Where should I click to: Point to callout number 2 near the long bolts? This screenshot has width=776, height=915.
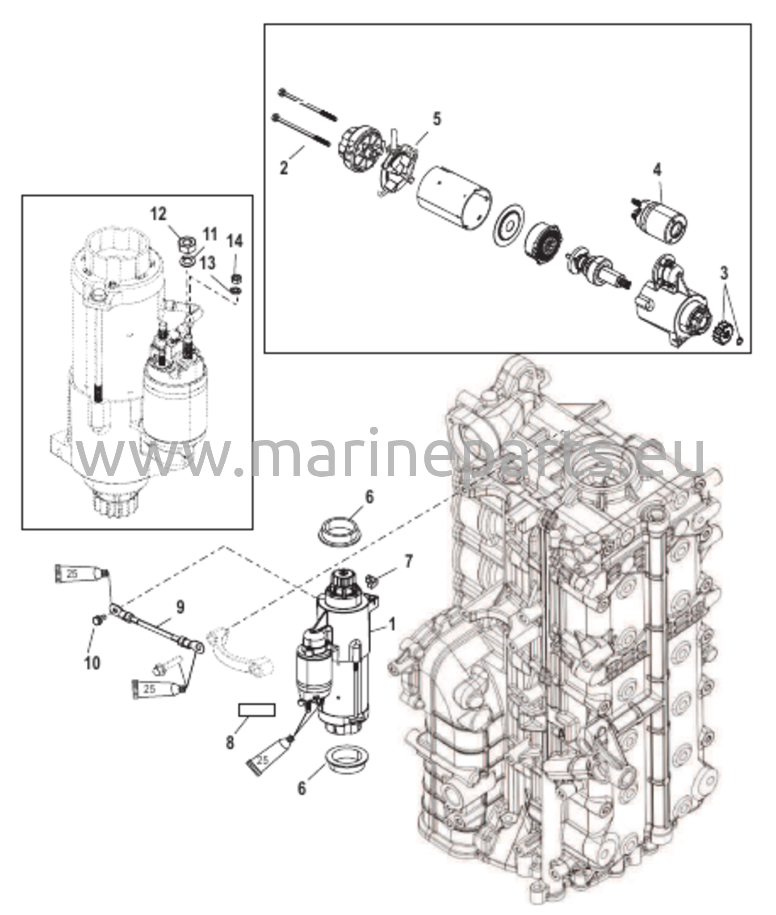point(284,168)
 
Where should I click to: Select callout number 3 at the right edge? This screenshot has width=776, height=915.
point(724,272)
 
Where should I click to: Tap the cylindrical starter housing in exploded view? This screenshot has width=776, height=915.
point(453,198)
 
